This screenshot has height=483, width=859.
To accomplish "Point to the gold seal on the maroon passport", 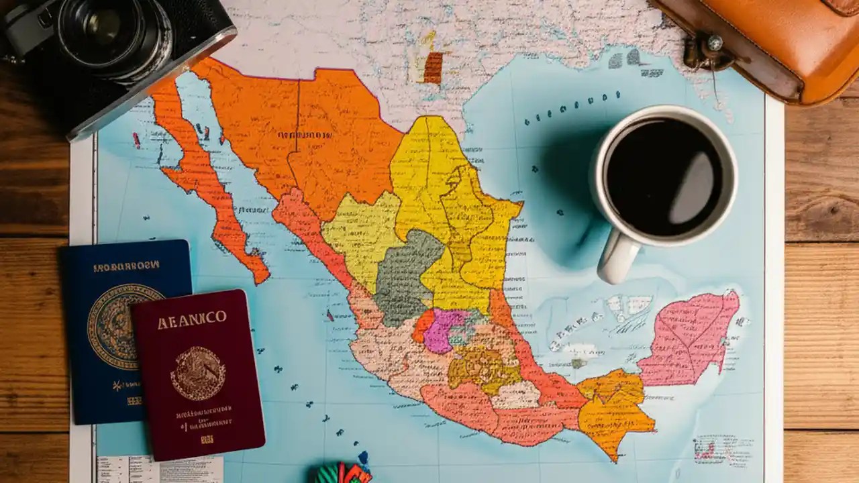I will click(197, 373).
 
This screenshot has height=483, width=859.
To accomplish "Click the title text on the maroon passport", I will click(192, 321).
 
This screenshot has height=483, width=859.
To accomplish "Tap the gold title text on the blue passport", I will click(126, 266).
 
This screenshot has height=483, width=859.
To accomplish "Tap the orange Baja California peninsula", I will click(201, 181).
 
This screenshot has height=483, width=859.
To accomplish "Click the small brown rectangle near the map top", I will click(433, 68).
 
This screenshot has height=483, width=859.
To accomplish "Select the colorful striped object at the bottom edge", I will click(342, 473).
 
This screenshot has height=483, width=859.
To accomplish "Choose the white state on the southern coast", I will click(515, 396).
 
